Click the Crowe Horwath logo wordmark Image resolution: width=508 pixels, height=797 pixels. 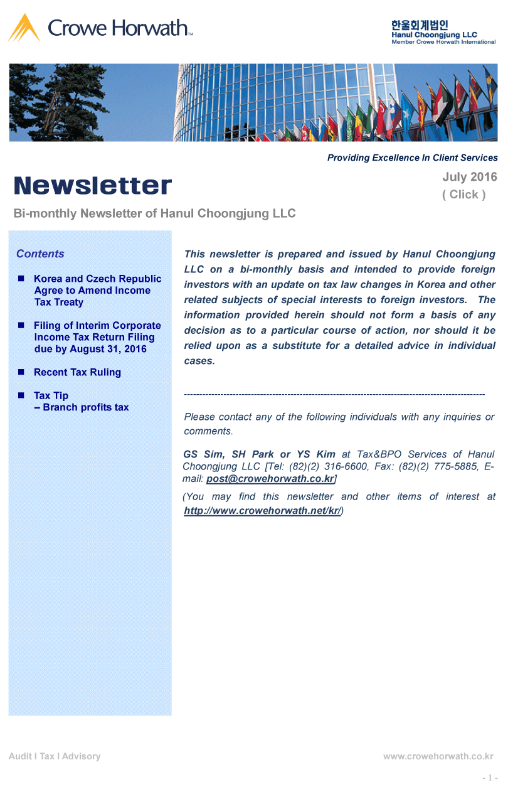tap(117, 28)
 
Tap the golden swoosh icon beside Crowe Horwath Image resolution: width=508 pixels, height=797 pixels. tap(24, 28)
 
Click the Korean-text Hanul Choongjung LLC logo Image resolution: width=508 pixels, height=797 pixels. tap(443, 32)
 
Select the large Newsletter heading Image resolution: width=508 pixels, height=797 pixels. tap(93, 186)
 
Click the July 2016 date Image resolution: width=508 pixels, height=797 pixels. tap(469, 177)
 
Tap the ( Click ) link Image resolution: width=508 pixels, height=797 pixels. tap(463, 195)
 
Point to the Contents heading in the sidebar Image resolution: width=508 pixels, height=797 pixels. tap(40, 254)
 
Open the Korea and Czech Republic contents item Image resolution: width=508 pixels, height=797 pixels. tap(97, 291)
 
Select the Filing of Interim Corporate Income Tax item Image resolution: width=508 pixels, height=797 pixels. tap(97, 337)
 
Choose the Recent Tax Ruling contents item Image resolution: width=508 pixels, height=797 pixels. tap(77, 372)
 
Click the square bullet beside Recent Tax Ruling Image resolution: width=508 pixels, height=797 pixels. tap(21, 372)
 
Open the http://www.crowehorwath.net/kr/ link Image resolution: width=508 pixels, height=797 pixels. tap(262, 510)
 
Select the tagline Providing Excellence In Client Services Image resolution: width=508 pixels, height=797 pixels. tap(412, 158)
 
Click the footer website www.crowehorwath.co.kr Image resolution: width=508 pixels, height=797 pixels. tap(438, 756)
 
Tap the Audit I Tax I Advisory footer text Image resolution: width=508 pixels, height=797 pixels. tap(55, 756)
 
